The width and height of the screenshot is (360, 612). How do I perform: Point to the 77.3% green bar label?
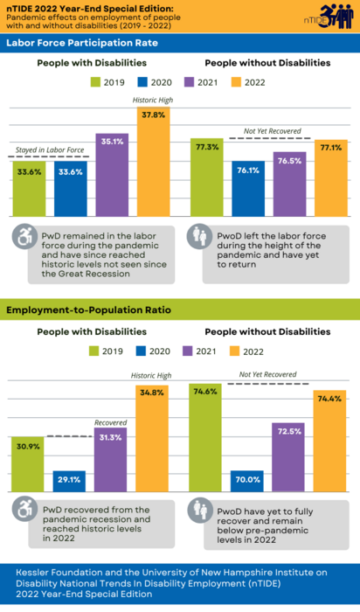207,147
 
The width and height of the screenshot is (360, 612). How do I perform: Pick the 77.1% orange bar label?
330,148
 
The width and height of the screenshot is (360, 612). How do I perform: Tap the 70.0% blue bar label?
248,479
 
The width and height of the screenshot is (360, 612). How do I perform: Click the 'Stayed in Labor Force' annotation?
51,150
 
